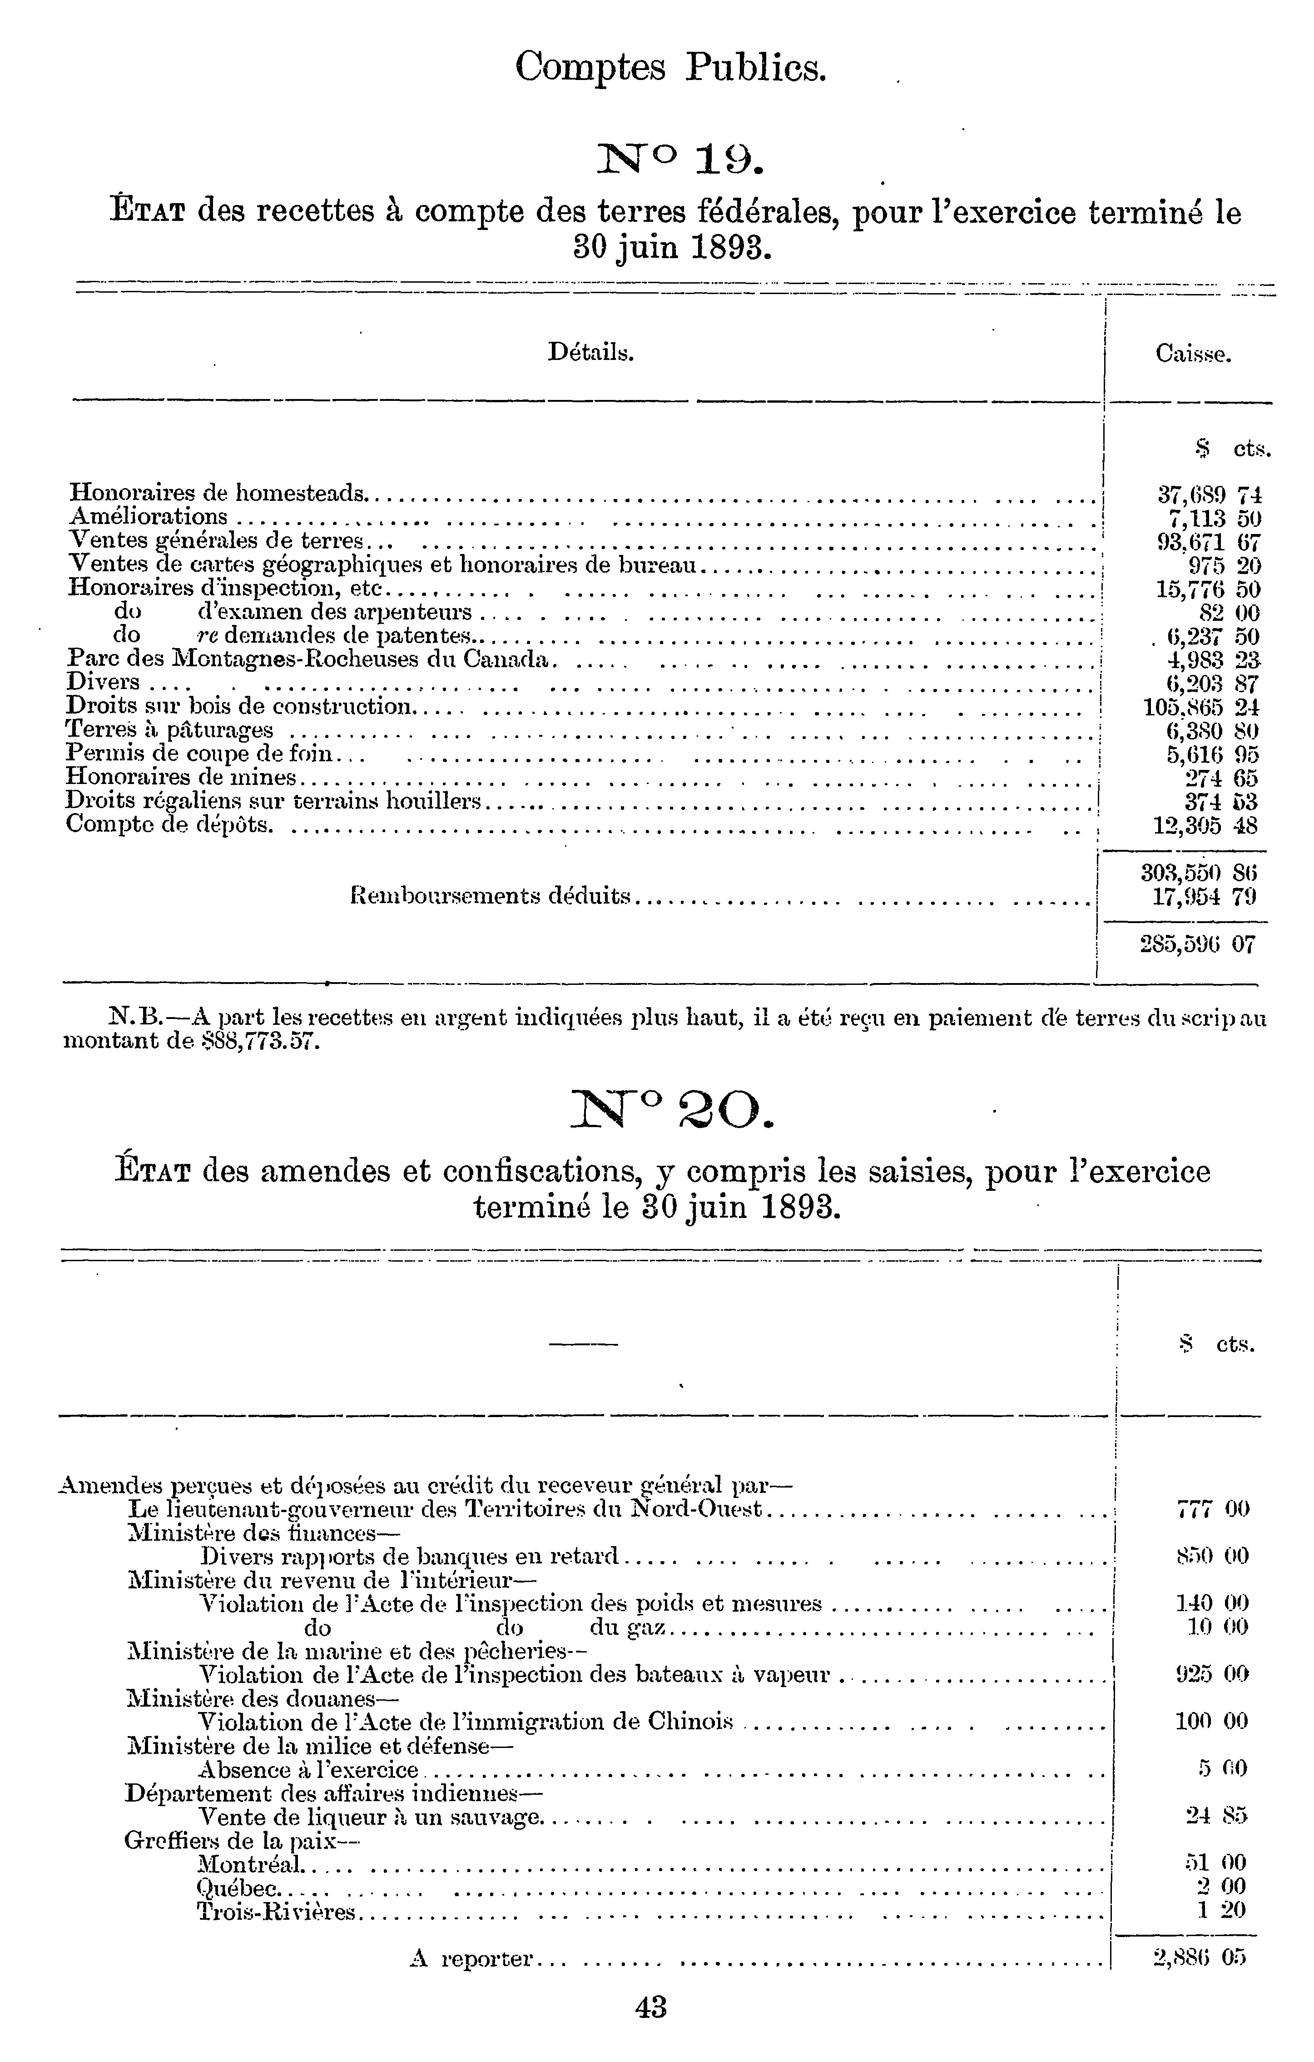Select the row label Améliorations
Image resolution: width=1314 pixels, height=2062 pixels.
tap(148, 516)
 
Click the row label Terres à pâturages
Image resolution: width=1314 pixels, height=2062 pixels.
tap(170, 729)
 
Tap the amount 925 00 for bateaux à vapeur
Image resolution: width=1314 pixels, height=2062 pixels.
tap(1212, 1674)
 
